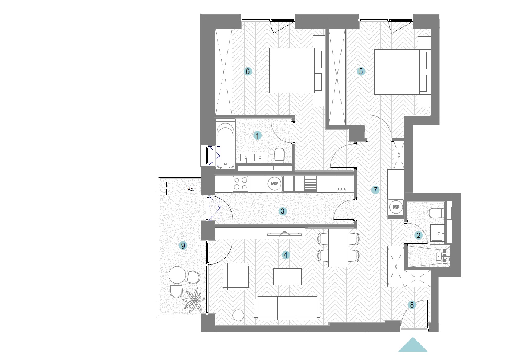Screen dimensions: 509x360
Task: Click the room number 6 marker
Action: click(x=248, y=71)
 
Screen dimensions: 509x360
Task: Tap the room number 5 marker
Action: click(x=361, y=71)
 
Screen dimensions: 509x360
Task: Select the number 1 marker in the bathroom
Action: click(x=257, y=136)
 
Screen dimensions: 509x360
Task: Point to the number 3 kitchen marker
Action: click(x=283, y=211)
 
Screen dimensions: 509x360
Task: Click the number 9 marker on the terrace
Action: click(x=183, y=245)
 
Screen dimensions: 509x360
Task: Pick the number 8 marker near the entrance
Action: click(x=412, y=305)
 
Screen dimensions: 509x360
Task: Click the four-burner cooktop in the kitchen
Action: click(x=241, y=184)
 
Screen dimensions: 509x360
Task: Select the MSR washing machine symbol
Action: click(x=396, y=207)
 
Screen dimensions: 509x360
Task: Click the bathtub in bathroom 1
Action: click(x=225, y=146)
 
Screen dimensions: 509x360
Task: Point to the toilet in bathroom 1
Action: click(x=279, y=155)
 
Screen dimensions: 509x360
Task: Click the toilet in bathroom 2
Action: click(x=436, y=213)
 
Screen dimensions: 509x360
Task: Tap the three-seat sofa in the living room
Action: click(x=287, y=308)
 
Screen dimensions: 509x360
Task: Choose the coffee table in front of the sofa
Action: click(x=287, y=277)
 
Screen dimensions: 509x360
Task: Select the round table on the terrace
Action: click(x=177, y=275)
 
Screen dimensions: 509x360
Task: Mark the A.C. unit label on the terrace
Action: click(x=190, y=189)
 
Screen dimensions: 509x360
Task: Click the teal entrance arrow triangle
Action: click(x=413, y=345)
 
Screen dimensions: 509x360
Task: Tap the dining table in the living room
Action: click(x=338, y=247)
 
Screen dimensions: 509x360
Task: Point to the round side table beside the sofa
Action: click(x=238, y=315)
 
